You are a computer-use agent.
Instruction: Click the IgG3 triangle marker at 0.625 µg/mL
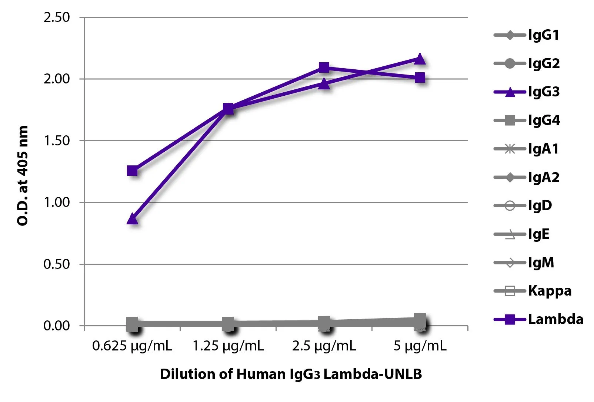tap(132, 219)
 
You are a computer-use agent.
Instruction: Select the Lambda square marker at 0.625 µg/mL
tap(132, 171)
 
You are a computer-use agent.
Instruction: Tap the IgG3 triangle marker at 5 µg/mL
tap(420, 59)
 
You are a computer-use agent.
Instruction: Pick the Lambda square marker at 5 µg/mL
tap(420, 78)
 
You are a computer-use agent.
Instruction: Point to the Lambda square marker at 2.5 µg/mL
tap(324, 67)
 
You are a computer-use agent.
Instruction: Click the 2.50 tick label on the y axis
tap(57, 17)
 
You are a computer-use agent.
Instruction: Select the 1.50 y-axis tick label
tap(57, 141)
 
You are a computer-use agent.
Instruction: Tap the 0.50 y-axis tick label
tap(57, 264)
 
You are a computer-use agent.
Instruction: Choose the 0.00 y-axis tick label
tap(57, 326)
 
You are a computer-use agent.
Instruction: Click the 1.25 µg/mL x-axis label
tap(228, 346)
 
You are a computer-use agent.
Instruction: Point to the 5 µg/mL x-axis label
tap(420, 346)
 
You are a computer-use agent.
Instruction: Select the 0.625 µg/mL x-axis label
tap(132, 346)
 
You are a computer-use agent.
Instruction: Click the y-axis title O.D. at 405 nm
tap(23, 175)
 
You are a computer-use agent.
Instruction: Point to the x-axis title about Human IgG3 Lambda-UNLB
tap(291, 374)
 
